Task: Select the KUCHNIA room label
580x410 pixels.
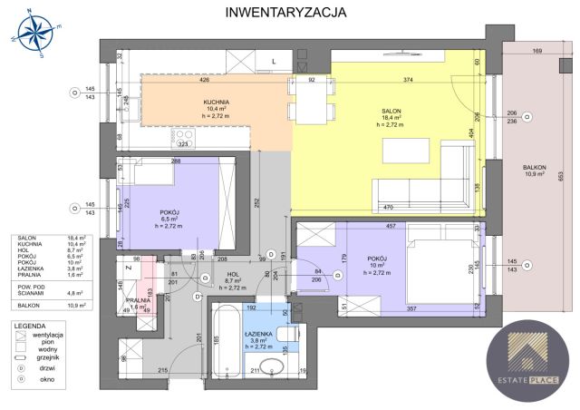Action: click(217, 102)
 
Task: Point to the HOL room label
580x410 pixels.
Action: click(232, 274)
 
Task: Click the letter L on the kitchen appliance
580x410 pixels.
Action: click(274, 61)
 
